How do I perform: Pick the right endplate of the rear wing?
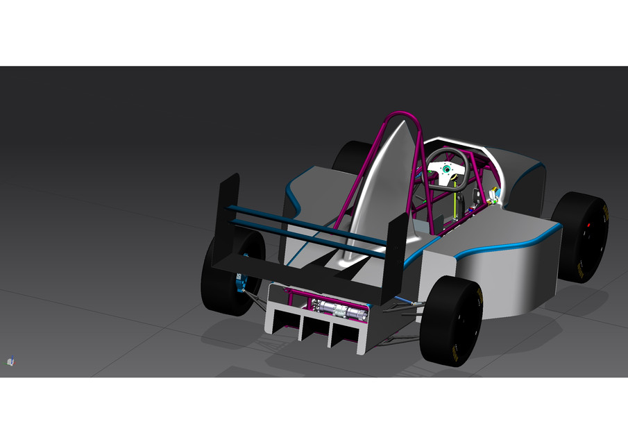(395, 257)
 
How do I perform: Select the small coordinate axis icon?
(10, 361)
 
